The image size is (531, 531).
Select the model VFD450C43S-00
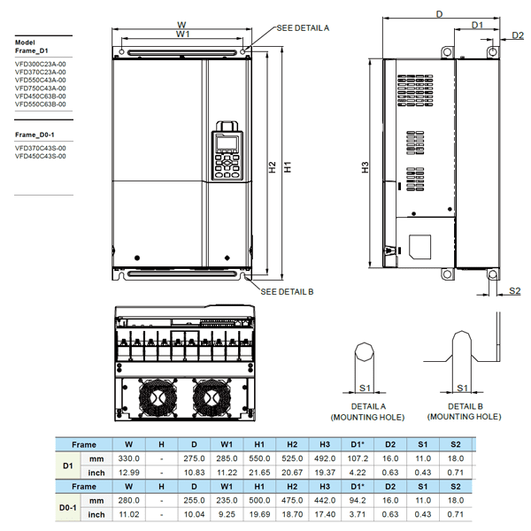coord(41,156)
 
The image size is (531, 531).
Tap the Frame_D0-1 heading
coord(35,134)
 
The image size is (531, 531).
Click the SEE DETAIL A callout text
coord(303,28)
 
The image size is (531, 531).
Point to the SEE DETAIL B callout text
coord(287,290)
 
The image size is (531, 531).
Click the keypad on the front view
coord(226,156)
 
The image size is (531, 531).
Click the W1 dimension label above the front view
coord(181,34)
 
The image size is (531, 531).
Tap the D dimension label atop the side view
coord(439,13)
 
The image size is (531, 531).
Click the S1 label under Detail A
coord(365,387)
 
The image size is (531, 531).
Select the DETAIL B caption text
coord(464,405)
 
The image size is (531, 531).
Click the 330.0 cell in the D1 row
coord(129,458)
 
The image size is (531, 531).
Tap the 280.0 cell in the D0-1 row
coord(129,501)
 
